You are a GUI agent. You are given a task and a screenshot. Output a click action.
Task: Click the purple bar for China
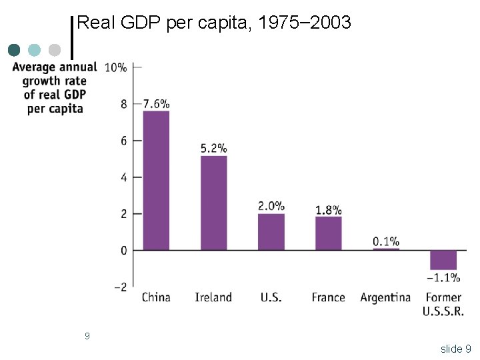[x=156, y=180]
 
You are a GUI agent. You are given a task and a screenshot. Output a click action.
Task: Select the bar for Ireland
[x=213, y=203]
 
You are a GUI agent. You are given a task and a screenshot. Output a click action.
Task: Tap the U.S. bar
[x=271, y=231]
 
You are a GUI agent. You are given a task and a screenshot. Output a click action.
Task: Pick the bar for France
[x=328, y=233]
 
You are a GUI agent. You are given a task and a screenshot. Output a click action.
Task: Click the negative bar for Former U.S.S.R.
[x=443, y=260]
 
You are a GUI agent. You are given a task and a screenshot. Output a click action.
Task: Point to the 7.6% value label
[x=156, y=103]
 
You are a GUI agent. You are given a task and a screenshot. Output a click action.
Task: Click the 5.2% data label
[x=213, y=148]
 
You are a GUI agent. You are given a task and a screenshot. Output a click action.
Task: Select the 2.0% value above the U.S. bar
[x=271, y=205]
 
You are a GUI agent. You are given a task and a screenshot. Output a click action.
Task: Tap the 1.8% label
[x=329, y=209]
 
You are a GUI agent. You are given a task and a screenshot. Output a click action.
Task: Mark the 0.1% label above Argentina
[x=386, y=241]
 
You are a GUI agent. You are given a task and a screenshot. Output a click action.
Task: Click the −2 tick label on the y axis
[x=120, y=287]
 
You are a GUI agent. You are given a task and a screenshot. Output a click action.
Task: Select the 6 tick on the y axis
[x=122, y=141]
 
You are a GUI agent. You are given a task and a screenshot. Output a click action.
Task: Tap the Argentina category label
[x=385, y=297]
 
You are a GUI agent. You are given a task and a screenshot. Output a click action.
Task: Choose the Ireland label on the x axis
[x=213, y=297]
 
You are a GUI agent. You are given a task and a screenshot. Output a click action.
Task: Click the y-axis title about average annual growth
[x=55, y=87]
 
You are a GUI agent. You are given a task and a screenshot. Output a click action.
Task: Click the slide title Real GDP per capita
[x=214, y=23]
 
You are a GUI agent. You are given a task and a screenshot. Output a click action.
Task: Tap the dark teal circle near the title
[x=14, y=50]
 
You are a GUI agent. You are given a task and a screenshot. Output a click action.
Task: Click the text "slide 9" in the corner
[x=455, y=349]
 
